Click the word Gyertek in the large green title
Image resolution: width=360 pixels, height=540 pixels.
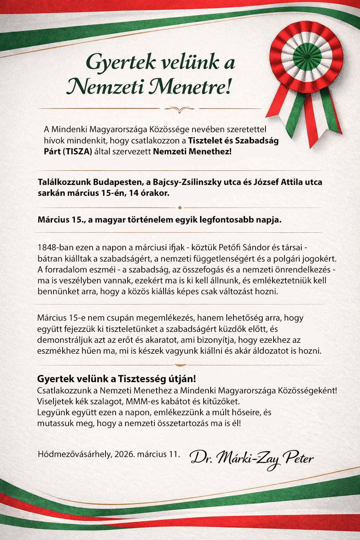click(121, 63)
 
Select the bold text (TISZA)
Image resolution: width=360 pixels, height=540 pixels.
click(78, 152)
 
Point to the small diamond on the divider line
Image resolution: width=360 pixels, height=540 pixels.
click(180, 208)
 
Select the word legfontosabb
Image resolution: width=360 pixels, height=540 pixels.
click(227, 220)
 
